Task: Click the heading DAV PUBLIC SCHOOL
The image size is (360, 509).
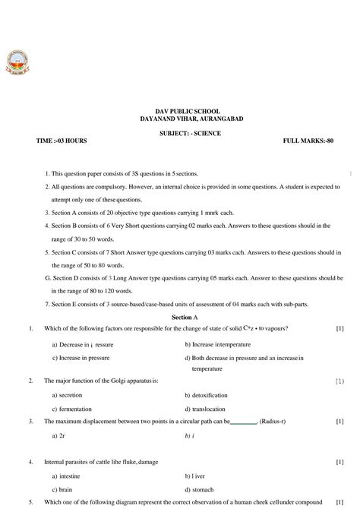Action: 181,111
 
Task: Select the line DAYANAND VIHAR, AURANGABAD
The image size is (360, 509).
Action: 181,119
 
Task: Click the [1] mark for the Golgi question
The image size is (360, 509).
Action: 339,380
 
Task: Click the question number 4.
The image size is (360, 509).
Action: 30,462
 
